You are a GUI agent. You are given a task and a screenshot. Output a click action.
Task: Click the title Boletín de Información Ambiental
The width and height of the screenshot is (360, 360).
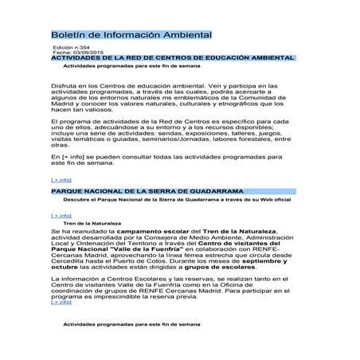(x=131, y=36)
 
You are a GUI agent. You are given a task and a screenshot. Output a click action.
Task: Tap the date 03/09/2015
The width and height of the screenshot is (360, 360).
(x=84, y=53)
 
